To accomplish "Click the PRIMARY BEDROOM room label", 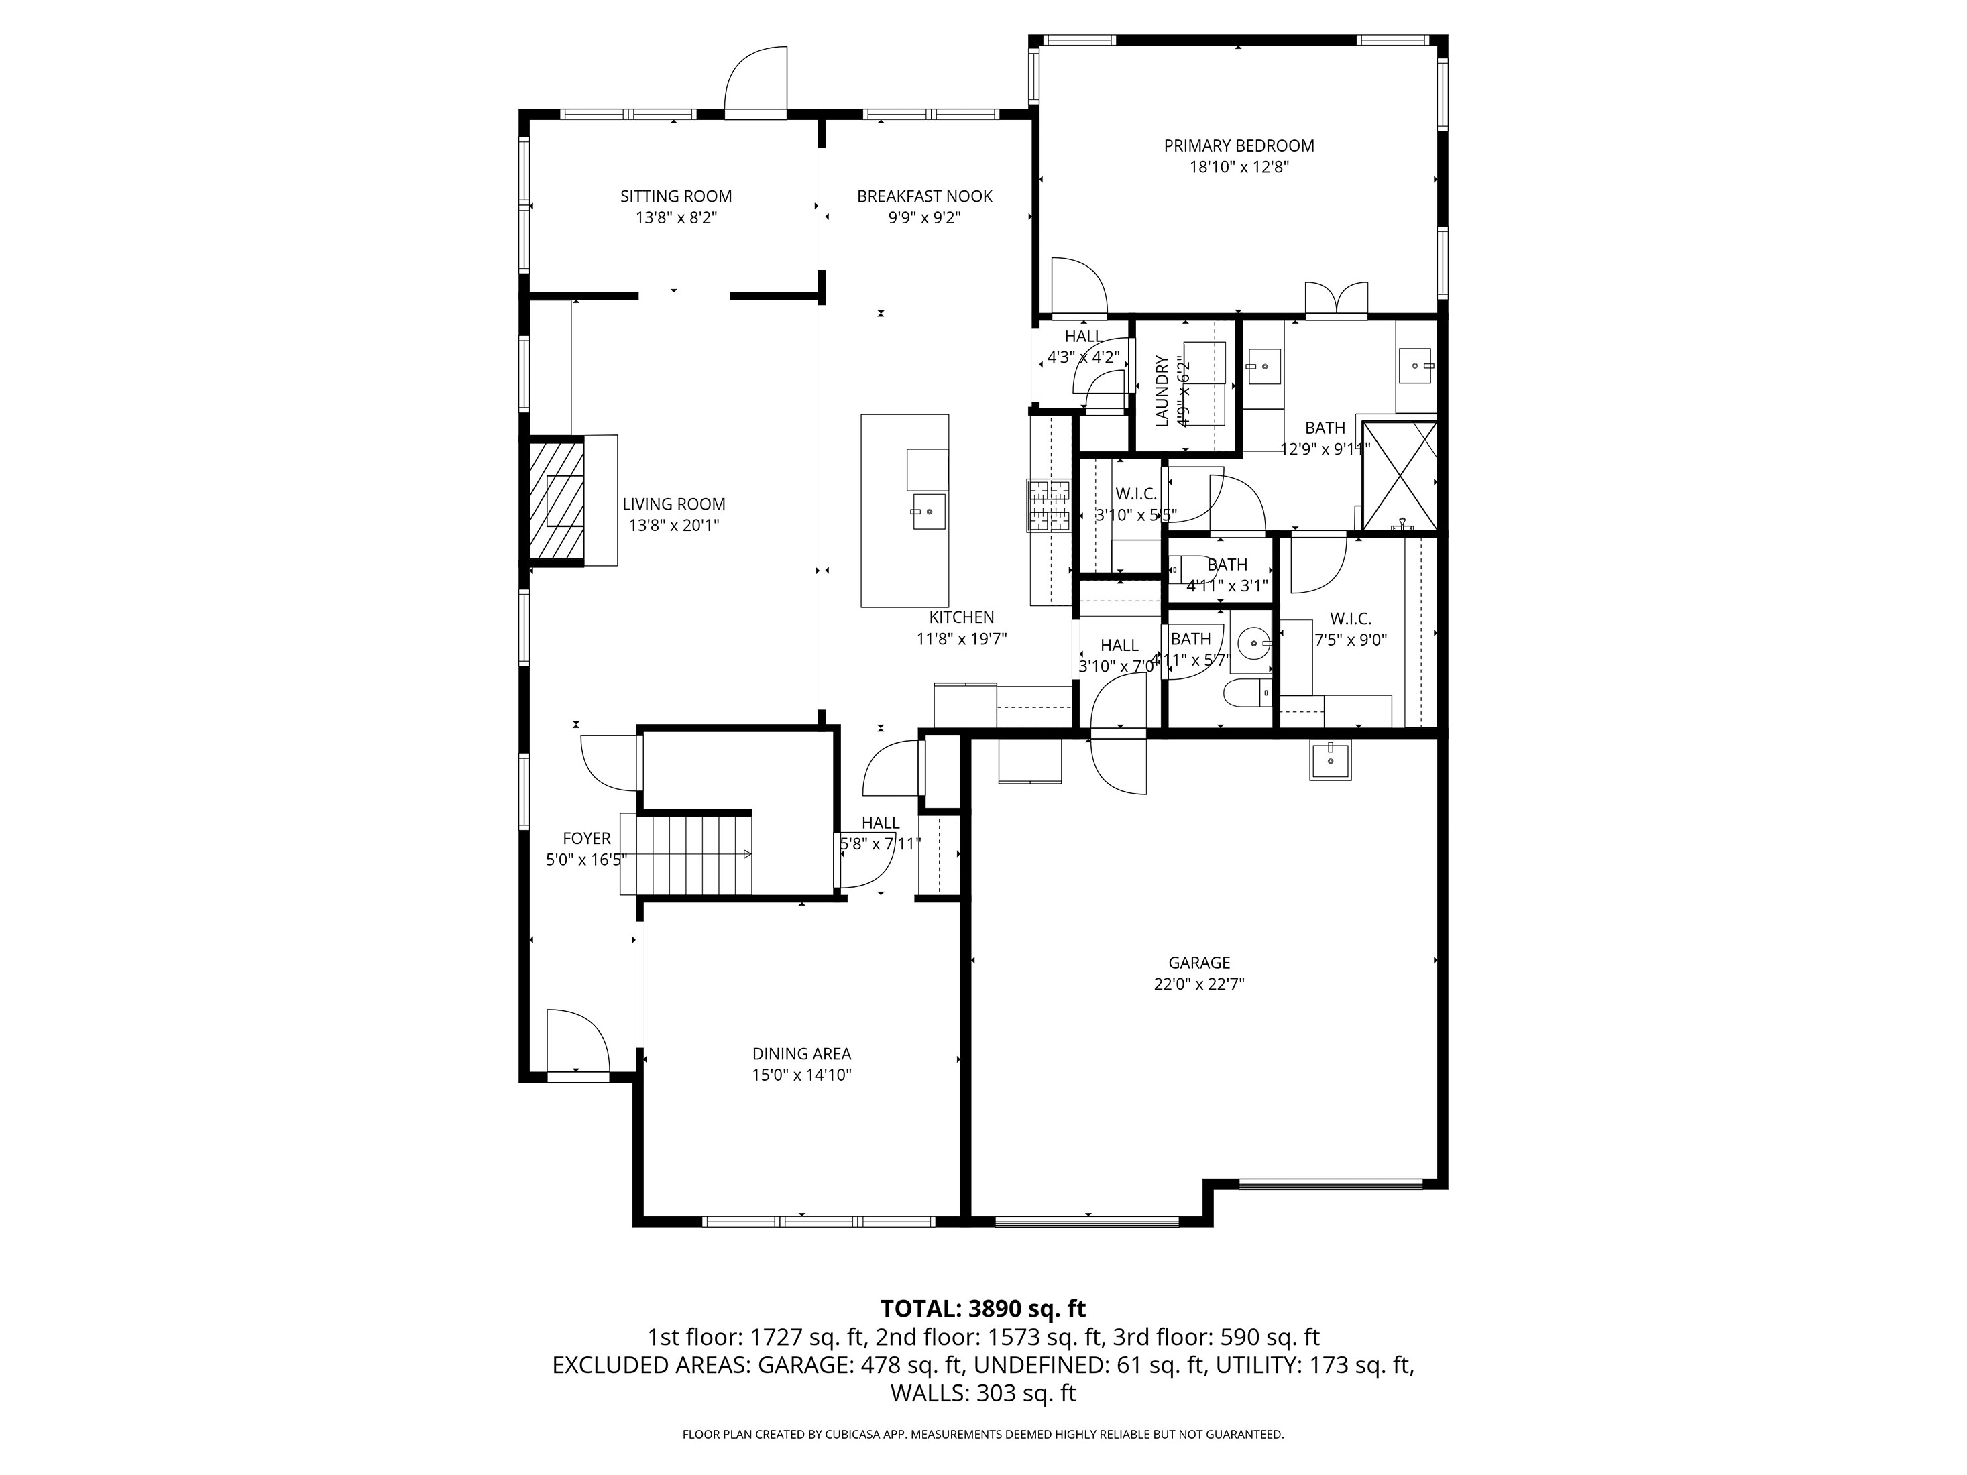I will click(1238, 145).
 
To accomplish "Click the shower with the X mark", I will click(1399, 475).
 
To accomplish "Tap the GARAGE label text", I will click(1198, 963).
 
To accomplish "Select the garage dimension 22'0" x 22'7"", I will click(1198, 984).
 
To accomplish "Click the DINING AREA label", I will click(801, 1053).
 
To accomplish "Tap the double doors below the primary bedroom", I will click(1336, 300).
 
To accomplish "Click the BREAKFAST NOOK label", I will click(924, 196).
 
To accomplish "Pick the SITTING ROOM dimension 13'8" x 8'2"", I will click(676, 218).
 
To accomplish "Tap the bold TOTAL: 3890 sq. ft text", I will click(982, 1309).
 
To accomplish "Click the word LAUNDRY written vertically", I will click(1162, 391).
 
